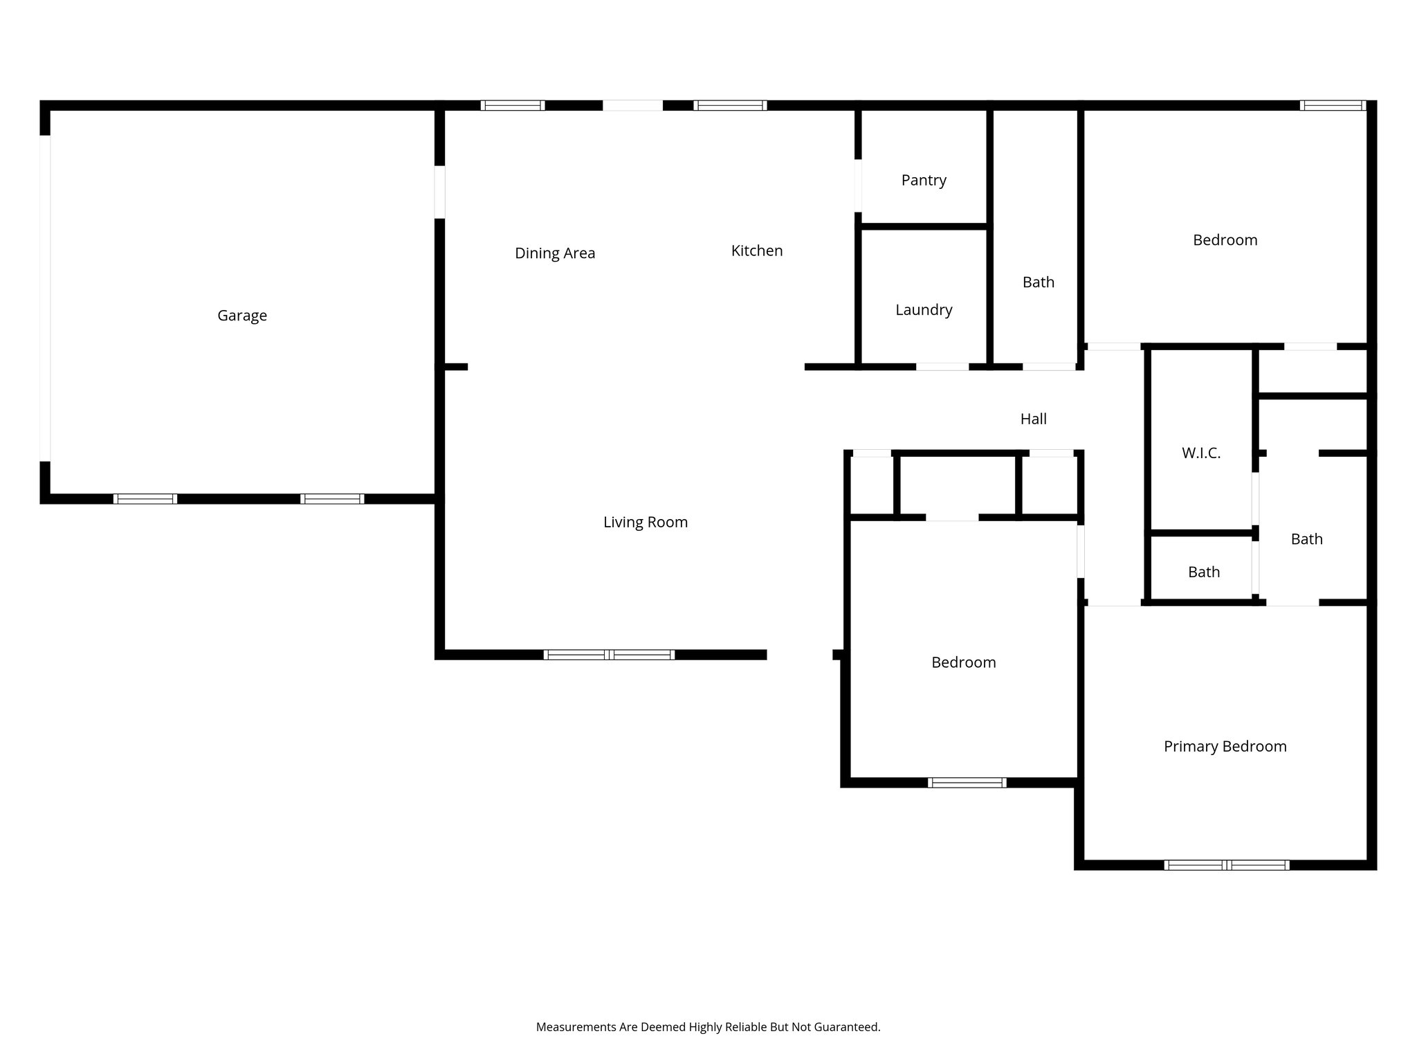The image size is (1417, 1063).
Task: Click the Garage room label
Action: tap(242, 316)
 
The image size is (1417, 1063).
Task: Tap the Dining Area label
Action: tap(555, 253)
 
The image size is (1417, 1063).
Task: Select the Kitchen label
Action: tap(757, 251)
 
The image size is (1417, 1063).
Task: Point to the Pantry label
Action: tap(924, 180)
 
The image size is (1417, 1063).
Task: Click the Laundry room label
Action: tap(924, 310)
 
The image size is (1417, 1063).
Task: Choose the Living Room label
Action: tap(646, 522)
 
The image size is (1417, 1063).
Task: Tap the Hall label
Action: tap(1033, 419)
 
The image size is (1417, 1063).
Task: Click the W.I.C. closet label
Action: tap(1201, 453)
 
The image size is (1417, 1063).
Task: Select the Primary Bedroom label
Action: tap(1225, 746)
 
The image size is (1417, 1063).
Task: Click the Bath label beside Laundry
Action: tap(1039, 282)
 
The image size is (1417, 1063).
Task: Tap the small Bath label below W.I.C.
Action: tap(1204, 572)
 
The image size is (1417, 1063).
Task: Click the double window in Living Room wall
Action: tap(609, 655)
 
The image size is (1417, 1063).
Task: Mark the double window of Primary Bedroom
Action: tap(1226, 864)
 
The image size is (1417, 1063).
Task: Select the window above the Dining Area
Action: tap(513, 105)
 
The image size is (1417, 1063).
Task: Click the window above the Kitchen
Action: tap(730, 105)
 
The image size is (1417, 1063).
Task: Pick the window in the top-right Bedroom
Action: tap(1333, 105)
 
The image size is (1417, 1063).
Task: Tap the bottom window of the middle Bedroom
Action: tap(967, 783)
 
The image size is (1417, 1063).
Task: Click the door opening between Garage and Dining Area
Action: tap(439, 192)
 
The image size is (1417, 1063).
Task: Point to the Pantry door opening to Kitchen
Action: tap(858, 185)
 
